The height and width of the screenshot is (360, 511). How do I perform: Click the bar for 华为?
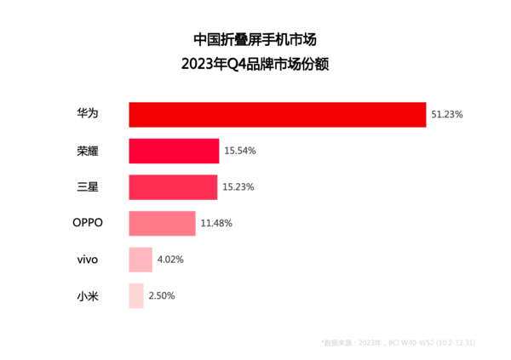(277, 114)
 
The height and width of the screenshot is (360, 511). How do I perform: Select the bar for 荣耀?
(174, 151)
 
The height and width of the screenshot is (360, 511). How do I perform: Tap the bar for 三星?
(173, 186)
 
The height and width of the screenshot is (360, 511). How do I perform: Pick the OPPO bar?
(162, 223)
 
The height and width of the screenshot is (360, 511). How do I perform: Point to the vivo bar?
(141, 260)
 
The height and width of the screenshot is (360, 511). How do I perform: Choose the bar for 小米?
(136, 296)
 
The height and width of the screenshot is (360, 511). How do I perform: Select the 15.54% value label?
(240, 151)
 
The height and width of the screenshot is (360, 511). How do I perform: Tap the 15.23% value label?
(238, 186)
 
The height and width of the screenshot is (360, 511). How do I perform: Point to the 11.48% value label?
(215, 223)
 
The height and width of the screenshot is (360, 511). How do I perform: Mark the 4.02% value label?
(169, 260)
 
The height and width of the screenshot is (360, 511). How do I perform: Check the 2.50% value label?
(162, 296)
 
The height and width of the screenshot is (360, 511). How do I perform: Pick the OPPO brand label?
(87, 223)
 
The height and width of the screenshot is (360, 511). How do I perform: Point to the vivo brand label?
(87, 260)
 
